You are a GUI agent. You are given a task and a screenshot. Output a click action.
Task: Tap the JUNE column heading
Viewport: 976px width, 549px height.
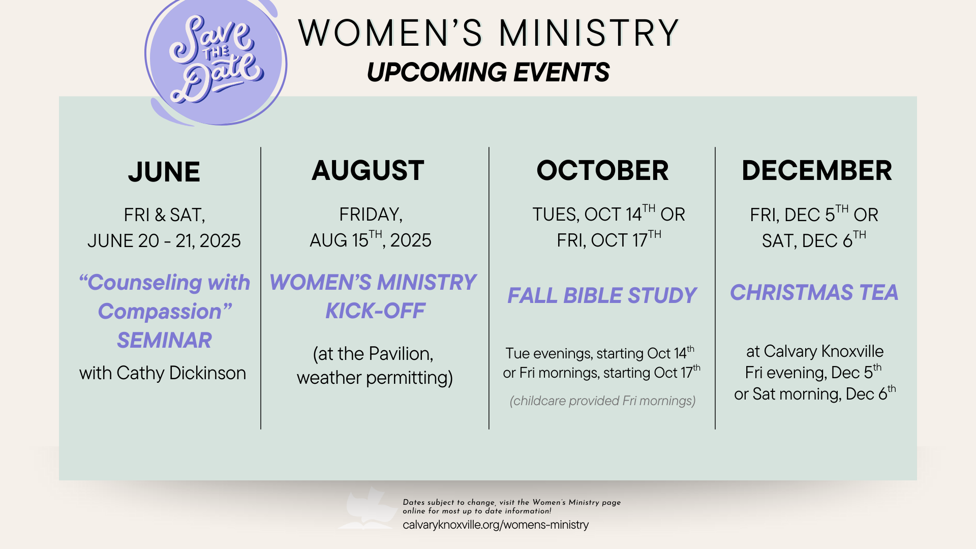164,172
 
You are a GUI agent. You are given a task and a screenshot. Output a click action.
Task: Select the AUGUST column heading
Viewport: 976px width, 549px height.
368,170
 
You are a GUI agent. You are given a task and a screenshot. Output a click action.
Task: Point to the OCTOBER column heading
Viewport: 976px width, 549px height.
602,170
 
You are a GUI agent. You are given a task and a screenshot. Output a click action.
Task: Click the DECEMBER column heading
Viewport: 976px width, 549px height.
817,170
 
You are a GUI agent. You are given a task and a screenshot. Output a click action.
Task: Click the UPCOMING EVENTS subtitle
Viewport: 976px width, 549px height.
488,72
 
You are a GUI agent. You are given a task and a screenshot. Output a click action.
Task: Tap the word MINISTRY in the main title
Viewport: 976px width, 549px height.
589,33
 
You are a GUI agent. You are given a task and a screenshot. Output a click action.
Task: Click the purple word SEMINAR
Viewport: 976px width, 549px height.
164,340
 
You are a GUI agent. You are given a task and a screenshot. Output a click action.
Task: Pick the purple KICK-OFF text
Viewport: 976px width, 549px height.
375,311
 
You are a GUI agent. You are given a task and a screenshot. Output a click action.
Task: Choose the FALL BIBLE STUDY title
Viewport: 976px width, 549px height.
602,295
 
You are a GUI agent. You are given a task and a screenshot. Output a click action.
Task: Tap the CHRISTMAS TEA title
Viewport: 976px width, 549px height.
814,292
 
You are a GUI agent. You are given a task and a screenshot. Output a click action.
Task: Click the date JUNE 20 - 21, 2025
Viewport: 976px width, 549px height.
164,240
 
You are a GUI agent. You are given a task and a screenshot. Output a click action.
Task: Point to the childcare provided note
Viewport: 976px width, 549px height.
602,401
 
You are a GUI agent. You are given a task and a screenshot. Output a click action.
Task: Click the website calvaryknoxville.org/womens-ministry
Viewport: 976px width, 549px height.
496,525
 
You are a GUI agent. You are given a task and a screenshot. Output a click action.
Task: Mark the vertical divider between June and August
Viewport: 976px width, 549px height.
261,288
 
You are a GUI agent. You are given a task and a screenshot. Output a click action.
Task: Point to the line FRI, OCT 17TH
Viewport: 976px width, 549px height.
609,239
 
